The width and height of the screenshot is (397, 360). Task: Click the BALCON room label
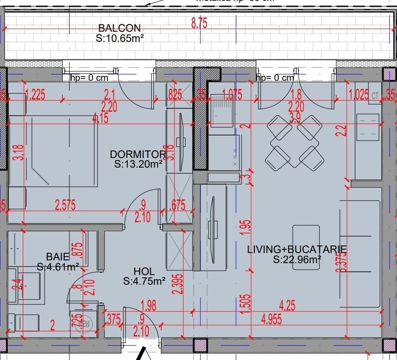tap(119, 28)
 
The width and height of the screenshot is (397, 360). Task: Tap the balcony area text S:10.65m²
tap(120, 39)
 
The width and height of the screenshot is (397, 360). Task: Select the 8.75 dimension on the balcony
tap(199, 24)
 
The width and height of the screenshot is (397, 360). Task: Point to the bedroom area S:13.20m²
tap(138, 163)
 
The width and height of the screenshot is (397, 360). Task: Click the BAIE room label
tap(58, 256)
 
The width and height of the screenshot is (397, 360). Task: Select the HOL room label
tap(144, 271)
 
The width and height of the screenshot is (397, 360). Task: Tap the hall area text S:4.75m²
tap(144, 281)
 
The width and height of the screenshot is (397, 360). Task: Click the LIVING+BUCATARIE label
tap(297, 249)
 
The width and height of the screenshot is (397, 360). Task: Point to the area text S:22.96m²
tap(297, 260)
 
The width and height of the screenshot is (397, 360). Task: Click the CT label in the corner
tap(375, 96)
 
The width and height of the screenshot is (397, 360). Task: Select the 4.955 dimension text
tap(272, 320)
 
